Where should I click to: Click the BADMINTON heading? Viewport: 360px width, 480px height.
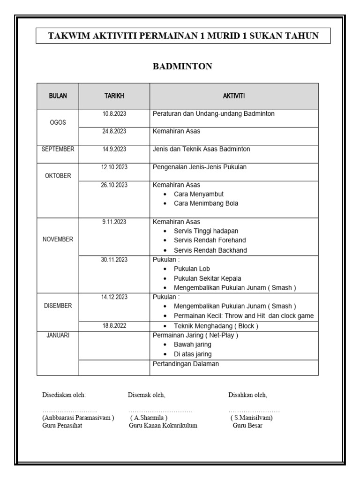[x=182, y=67]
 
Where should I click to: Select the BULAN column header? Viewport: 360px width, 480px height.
[x=58, y=96]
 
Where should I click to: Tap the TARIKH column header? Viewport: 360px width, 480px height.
[x=114, y=96]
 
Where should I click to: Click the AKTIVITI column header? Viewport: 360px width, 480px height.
[x=233, y=96]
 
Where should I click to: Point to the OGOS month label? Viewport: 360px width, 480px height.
[x=58, y=122]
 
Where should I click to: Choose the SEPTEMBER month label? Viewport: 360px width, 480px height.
[x=58, y=149]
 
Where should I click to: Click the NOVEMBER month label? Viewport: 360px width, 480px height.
[x=58, y=239]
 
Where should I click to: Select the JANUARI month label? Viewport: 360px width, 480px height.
[x=58, y=336]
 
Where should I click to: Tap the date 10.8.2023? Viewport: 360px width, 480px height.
[x=114, y=113]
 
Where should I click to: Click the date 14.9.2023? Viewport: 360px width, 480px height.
[x=114, y=149]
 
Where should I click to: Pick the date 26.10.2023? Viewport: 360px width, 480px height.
[x=114, y=185]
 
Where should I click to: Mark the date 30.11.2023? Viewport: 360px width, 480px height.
[x=114, y=259]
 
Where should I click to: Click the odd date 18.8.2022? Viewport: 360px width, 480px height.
[x=114, y=326]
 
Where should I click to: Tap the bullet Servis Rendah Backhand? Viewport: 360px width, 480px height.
[x=210, y=250]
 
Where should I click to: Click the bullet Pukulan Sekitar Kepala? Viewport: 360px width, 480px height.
[x=207, y=278]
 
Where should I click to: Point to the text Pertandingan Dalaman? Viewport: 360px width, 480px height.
[x=186, y=364]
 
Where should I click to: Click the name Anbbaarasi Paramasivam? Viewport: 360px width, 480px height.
[x=78, y=417]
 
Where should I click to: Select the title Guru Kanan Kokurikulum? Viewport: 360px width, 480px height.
[x=163, y=426]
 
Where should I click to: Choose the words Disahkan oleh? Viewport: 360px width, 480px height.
[x=247, y=395]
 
